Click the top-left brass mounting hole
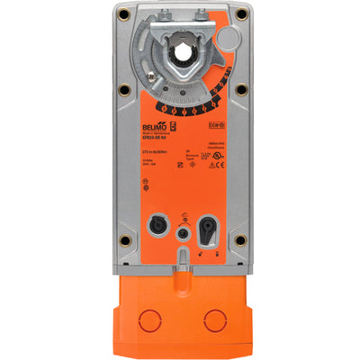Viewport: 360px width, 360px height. (123, 15)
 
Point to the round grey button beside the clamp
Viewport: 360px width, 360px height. (230, 37)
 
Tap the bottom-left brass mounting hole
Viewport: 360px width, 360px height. (123, 240)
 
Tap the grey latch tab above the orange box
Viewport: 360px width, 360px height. (186, 261)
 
